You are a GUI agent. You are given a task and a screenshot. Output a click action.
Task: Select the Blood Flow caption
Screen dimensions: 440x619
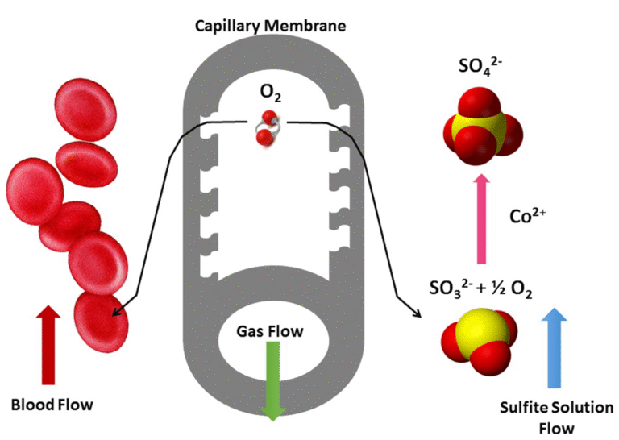click(x=52, y=405)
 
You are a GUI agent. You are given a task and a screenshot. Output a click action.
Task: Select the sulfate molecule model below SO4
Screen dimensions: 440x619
click(x=480, y=127)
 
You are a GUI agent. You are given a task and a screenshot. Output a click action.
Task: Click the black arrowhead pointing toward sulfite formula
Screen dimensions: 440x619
click(x=417, y=314)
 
